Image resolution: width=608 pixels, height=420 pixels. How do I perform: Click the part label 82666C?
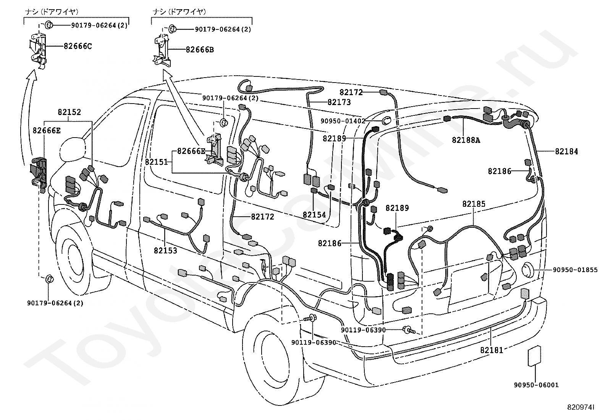(x=78, y=46)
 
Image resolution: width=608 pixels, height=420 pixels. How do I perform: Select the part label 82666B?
(x=200, y=50)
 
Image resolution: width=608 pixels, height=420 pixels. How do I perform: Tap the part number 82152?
(x=69, y=112)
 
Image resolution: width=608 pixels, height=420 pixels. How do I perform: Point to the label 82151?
(x=157, y=162)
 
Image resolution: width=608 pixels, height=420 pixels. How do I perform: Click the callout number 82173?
(x=339, y=102)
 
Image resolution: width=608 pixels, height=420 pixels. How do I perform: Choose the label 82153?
(x=165, y=250)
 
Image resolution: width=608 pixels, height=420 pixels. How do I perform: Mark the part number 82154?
(x=314, y=215)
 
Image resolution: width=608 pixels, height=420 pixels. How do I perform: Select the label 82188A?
(x=466, y=140)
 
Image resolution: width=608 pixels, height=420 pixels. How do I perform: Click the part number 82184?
(x=566, y=152)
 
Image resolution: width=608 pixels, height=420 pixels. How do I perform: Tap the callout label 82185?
(x=474, y=204)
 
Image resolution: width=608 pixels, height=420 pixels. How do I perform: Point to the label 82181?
(x=492, y=350)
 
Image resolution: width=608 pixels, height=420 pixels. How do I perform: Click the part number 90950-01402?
(x=343, y=121)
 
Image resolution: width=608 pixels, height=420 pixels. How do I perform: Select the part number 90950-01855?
(x=575, y=270)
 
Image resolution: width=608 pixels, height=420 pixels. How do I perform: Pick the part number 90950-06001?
(x=536, y=385)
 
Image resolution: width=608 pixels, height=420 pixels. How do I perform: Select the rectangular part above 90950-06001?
(x=534, y=356)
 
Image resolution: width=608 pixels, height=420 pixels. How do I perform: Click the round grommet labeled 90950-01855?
(x=528, y=270)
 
